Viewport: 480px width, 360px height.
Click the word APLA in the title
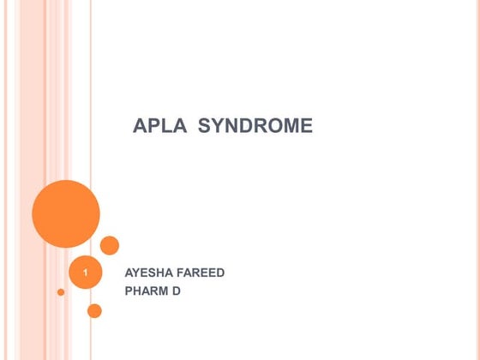coord(160,127)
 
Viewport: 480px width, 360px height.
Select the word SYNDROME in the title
coord(255,127)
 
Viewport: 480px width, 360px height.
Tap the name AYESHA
coord(150,273)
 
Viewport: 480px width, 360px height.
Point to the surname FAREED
coord(202,273)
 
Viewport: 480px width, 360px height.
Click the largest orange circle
coord(66,213)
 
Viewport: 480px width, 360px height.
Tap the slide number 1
coord(86,273)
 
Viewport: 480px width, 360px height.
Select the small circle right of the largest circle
coord(110,245)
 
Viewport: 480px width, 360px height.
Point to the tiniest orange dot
coord(61,292)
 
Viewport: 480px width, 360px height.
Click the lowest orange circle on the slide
coord(94,310)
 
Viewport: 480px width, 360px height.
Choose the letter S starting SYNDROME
coord(204,127)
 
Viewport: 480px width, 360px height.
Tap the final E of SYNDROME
coord(306,127)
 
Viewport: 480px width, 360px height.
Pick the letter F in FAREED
coord(183,273)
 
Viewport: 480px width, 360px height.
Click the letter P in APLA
coord(153,127)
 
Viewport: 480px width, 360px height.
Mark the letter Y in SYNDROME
coord(217,127)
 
